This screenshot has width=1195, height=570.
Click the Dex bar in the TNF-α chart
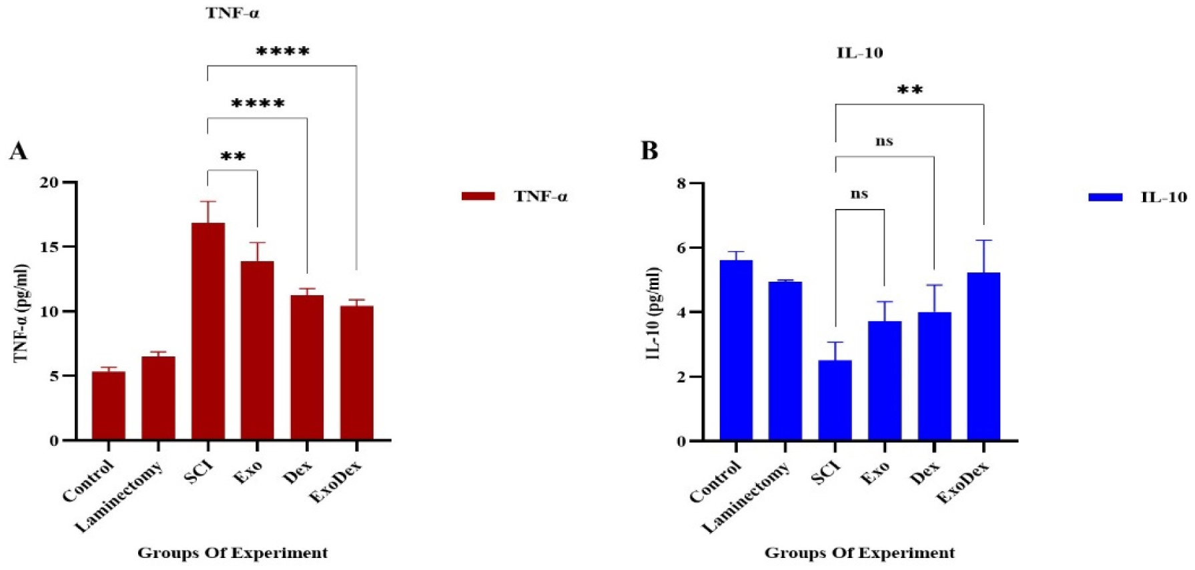pyautogui.click(x=307, y=367)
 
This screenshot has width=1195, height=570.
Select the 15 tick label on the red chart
pyautogui.click(x=50, y=247)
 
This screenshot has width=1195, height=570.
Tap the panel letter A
pyautogui.click(x=18, y=152)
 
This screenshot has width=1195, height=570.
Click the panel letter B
pyautogui.click(x=649, y=152)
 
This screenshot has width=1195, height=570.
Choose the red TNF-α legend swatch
pyautogui.click(x=478, y=196)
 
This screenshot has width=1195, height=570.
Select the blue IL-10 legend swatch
pyautogui.click(x=1105, y=197)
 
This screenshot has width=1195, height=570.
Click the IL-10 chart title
pyautogui.click(x=859, y=53)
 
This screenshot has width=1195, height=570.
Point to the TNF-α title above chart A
pyautogui.click(x=232, y=13)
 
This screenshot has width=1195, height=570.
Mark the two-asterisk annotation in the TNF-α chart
pyautogui.click(x=233, y=158)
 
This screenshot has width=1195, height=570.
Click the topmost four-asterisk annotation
pyautogui.click(x=283, y=52)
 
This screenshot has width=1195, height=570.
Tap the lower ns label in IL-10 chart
pyautogui.click(x=859, y=194)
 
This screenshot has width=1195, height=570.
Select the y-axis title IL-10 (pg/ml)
pyautogui.click(x=653, y=313)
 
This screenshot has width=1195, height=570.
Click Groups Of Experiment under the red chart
pyautogui.click(x=232, y=553)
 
